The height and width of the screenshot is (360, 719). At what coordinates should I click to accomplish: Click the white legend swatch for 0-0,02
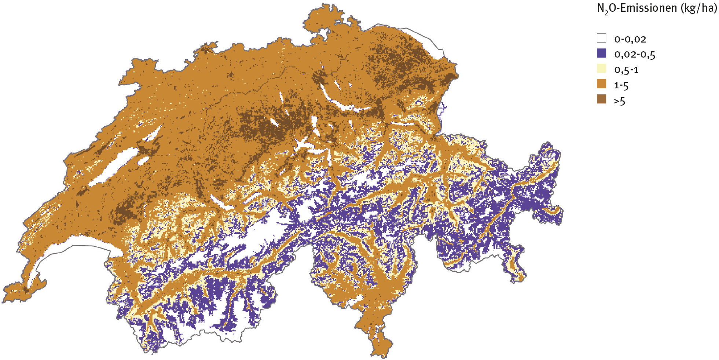(x=601, y=38)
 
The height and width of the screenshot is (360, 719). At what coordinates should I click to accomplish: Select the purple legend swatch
(x=601, y=53)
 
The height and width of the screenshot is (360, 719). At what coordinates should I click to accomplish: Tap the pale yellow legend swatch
(x=601, y=69)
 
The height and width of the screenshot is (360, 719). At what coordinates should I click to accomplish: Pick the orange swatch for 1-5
(x=601, y=84)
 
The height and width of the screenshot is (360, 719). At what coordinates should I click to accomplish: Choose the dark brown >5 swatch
(x=601, y=99)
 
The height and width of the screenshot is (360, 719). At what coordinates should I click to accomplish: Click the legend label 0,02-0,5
(x=634, y=55)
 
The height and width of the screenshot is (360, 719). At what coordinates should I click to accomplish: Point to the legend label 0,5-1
(x=626, y=70)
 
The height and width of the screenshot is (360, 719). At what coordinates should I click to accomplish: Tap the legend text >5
(x=619, y=101)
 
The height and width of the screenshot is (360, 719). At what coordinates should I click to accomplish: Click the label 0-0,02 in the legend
(x=630, y=39)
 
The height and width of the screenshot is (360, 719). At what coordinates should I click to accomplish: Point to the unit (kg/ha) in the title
(x=698, y=8)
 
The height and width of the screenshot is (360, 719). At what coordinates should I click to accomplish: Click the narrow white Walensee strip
(x=403, y=124)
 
